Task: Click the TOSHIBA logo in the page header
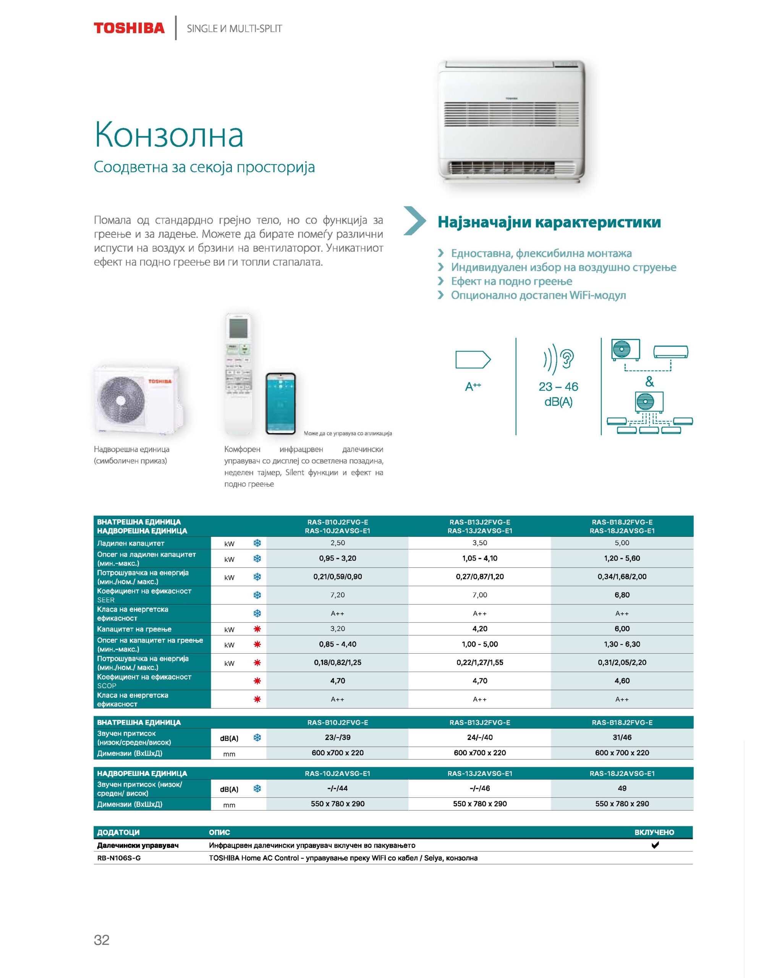click(x=129, y=28)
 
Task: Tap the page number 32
click(x=102, y=939)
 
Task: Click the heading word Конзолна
click(x=169, y=135)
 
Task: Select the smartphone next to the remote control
click(x=280, y=403)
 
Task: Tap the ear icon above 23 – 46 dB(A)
click(x=567, y=358)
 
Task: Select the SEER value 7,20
click(x=337, y=595)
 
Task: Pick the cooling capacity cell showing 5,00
click(x=622, y=543)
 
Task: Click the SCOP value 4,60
click(x=622, y=680)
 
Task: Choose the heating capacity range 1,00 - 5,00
click(x=480, y=644)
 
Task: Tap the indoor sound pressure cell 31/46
click(x=622, y=737)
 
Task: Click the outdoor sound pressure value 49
click(x=622, y=789)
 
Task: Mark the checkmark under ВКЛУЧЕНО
click(x=654, y=845)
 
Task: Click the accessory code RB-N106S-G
click(x=119, y=858)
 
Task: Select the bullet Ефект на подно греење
click(x=511, y=281)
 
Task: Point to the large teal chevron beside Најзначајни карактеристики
click(x=414, y=221)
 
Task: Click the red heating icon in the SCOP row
click(x=257, y=681)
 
